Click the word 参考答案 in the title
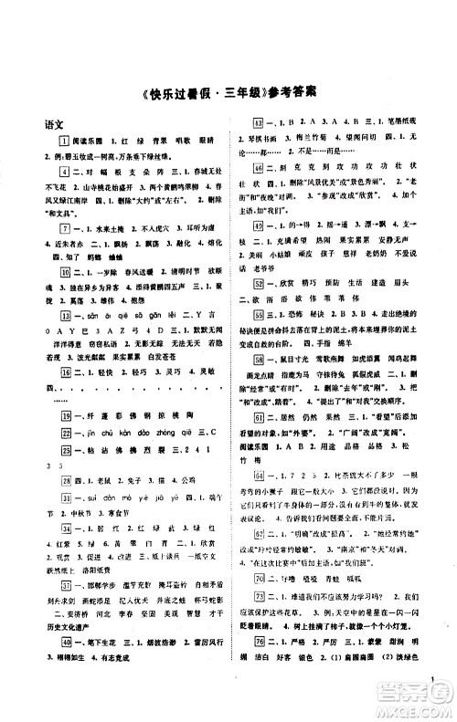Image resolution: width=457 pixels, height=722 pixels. point(291,93)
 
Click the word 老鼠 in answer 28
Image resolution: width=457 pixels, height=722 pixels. point(82,478)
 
